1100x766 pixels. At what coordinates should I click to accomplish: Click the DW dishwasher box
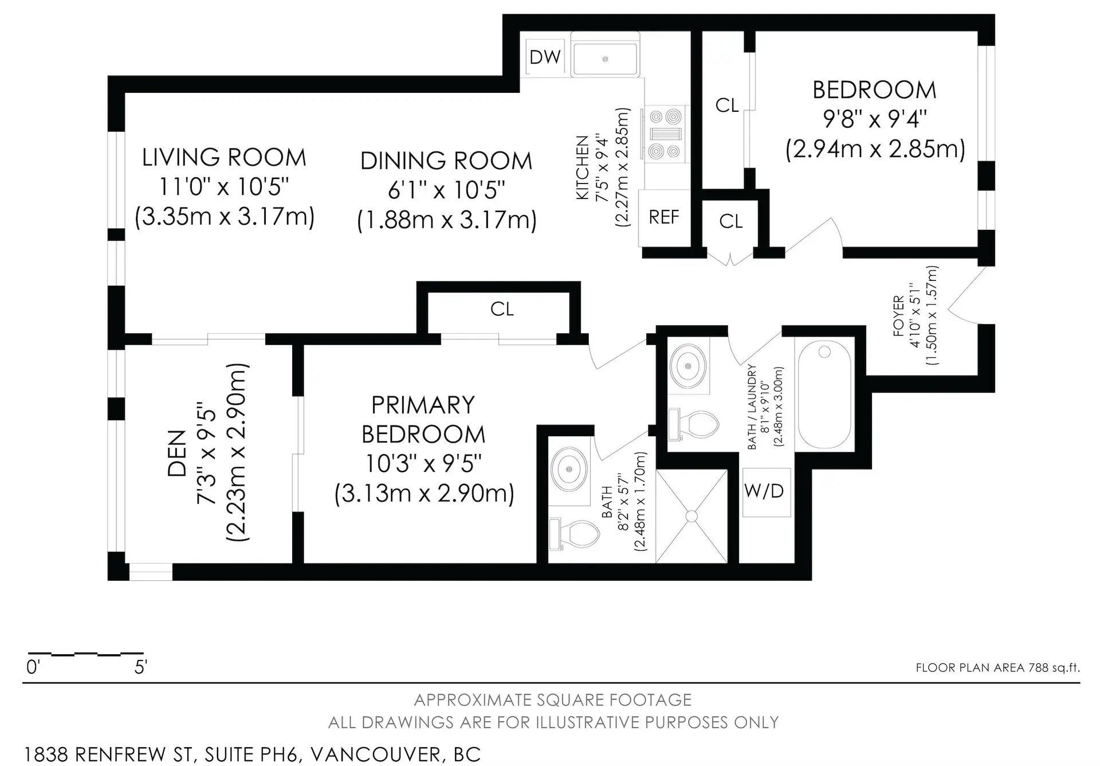coord(545,57)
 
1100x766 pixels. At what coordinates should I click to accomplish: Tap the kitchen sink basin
coord(605,59)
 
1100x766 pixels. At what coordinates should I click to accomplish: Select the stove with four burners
coord(665,134)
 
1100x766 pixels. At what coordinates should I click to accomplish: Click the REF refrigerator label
coord(663,217)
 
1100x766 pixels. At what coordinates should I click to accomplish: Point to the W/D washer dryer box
coord(764,491)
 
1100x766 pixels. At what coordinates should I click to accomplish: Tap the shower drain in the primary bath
coord(692,516)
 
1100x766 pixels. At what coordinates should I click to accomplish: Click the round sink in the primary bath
coord(569,469)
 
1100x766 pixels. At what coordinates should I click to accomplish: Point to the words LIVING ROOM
coord(224,158)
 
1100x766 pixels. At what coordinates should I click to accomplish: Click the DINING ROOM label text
coord(446,161)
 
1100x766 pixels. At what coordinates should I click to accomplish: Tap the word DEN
coord(178,453)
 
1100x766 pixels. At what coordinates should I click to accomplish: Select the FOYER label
coord(898,315)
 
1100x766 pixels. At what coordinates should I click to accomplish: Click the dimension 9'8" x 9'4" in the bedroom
coord(874,119)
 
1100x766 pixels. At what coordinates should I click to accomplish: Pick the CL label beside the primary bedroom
coord(502,309)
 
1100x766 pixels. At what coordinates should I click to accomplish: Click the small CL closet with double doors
coord(730,221)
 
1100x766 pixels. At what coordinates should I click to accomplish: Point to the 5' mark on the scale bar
coord(141,667)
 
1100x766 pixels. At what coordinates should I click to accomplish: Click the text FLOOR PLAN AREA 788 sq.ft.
coord(997,667)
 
